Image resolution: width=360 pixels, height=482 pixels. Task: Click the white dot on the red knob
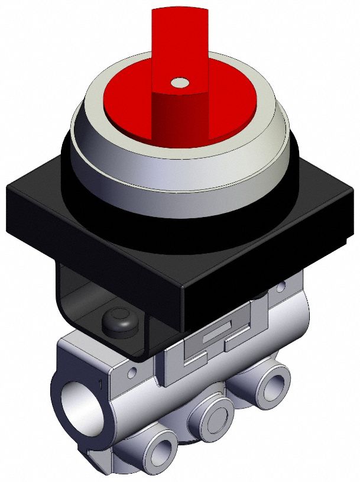coord(178,83)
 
